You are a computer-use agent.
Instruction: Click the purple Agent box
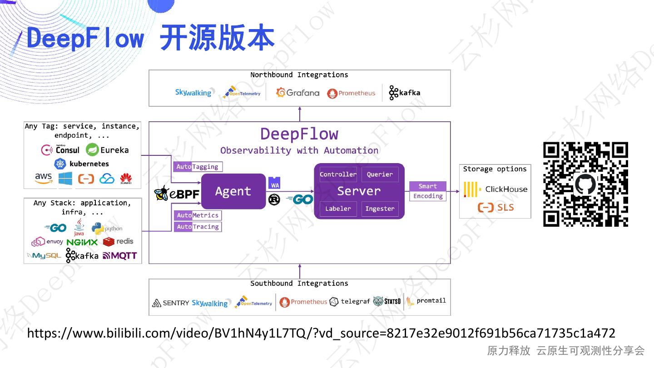(233, 191)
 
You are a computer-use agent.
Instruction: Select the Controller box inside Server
(338, 174)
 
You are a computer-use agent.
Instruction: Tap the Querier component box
(380, 174)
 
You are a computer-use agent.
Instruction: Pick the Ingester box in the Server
(380, 209)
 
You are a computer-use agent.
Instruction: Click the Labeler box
(338, 209)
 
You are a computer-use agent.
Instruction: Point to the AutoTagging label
(198, 167)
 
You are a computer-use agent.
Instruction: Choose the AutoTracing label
(198, 227)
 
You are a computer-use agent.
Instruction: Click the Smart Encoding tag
(428, 191)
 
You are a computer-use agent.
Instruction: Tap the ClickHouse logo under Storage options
(495, 189)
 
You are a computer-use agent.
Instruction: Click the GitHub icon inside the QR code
(585, 184)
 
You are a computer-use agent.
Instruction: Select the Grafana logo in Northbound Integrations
(298, 93)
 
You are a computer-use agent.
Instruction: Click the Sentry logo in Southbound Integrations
(170, 303)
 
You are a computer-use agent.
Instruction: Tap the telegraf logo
(350, 302)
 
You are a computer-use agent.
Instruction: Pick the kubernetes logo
(82, 164)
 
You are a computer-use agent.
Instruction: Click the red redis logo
(118, 241)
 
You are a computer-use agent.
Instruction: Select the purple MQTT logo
(119, 256)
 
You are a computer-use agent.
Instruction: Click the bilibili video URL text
(321, 333)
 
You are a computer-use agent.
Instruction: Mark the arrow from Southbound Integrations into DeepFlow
(300, 271)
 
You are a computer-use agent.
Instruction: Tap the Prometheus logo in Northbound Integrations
(351, 93)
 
